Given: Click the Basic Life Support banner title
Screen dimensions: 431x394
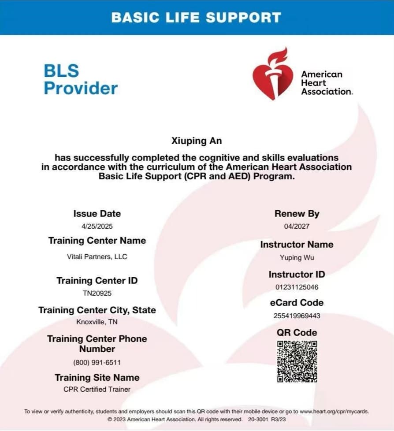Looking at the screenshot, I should click(x=196, y=17).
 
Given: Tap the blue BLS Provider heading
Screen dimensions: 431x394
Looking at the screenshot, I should click(x=81, y=79).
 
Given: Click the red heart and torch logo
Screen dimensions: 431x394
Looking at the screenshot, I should click(x=273, y=74).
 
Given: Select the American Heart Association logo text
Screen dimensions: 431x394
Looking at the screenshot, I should click(x=326, y=83).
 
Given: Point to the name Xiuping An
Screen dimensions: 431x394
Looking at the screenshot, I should click(x=197, y=141).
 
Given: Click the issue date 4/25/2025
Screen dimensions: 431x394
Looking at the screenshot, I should click(x=97, y=226).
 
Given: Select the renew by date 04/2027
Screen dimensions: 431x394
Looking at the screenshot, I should click(x=297, y=226).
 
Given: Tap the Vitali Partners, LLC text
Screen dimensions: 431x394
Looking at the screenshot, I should click(x=97, y=256).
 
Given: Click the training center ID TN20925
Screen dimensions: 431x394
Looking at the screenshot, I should click(x=97, y=293).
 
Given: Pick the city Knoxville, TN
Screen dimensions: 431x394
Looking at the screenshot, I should click(x=97, y=322).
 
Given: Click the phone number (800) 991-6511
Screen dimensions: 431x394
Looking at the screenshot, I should click(x=97, y=362).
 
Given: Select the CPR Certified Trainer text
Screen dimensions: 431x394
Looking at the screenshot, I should click(x=97, y=389).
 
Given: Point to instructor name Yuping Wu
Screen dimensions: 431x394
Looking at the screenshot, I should click(x=297, y=257).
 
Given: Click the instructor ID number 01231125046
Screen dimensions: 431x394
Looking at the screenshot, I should click(x=297, y=287).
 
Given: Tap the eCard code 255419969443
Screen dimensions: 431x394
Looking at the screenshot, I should click(x=297, y=316).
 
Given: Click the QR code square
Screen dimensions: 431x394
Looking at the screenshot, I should click(x=297, y=361).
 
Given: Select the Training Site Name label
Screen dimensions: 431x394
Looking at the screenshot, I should click(x=97, y=378).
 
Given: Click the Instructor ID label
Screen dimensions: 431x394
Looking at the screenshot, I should click(x=297, y=275).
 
